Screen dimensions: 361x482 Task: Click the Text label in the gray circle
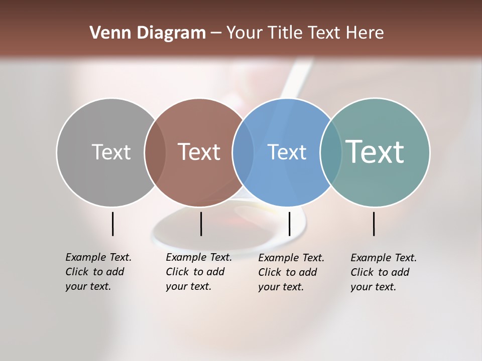(x=111, y=152)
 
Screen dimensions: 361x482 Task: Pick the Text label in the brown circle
(x=199, y=152)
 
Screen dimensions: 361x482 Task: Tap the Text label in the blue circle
(x=287, y=152)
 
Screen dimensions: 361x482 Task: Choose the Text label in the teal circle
(x=375, y=152)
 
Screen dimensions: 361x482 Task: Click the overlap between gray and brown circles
(x=155, y=152)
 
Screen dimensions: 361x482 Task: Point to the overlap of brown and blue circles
(x=243, y=152)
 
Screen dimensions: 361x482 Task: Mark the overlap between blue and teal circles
(x=331, y=152)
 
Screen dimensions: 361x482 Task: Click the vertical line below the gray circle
(x=112, y=224)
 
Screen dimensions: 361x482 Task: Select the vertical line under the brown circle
(x=201, y=224)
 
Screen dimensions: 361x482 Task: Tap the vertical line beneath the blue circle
(x=289, y=224)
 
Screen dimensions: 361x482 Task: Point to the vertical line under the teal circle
(x=374, y=224)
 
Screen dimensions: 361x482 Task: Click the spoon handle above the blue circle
(x=294, y=80)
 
